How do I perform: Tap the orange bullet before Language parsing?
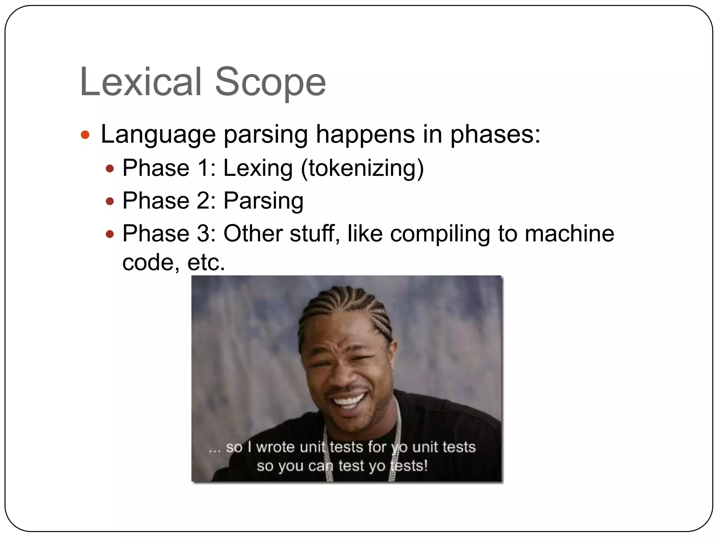(85, 135)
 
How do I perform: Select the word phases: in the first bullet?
(495, 135)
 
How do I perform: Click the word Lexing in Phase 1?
(258, 168)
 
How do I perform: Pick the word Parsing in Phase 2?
(263, 201)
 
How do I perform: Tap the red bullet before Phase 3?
(110, 234)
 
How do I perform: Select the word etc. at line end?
(206, 262)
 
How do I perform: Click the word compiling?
(440, 234)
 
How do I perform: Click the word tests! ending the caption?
(409, 466)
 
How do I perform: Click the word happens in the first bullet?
(365, 135)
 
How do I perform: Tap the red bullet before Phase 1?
(110, 169)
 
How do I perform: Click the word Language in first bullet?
(158, 135)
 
